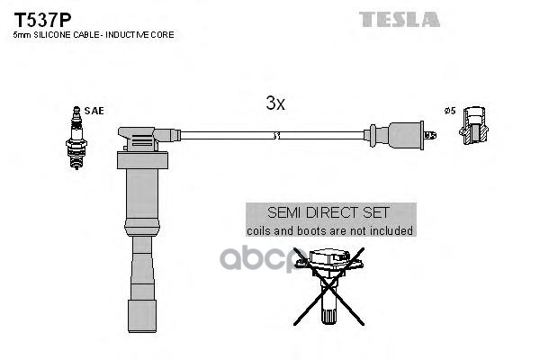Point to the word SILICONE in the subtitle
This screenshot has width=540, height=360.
tap(52, 35)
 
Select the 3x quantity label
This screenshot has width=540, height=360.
tap(275, 103)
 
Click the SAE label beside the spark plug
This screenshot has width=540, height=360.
tap(95, 111)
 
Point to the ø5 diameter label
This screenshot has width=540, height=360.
tap(450, 111)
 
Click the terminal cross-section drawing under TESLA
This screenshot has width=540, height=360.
tap(474, 128)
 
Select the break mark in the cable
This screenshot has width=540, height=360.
tap(275, 136)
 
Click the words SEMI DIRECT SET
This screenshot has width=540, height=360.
tap(330, 213)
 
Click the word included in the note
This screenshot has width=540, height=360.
tap(391, 231)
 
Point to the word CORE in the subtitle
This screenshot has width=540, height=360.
tap(164, 35)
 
